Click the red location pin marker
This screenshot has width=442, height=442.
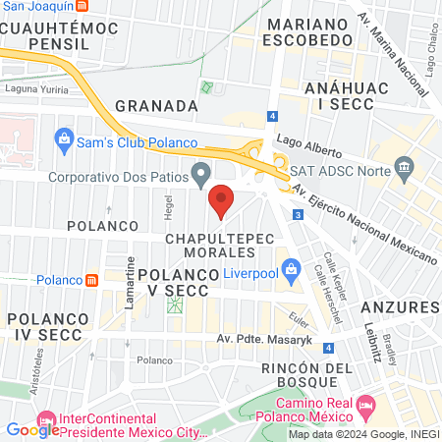pos(221,199)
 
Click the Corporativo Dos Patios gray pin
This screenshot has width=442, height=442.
pos(201,176)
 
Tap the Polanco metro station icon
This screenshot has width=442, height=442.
pos(91,280)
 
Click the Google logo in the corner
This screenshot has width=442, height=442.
pos(32,429)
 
